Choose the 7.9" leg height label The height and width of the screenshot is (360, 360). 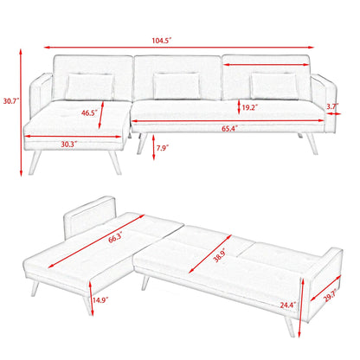point(162,148)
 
